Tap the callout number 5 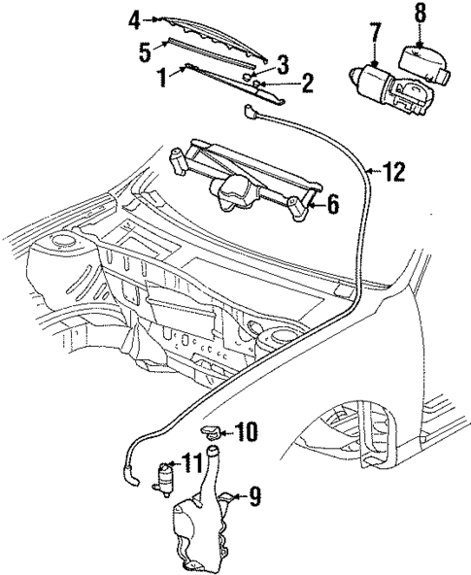[144, 50]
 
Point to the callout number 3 [283, 65]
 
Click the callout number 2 [306, 84]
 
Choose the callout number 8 [420, 15]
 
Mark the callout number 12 [391, 173]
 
